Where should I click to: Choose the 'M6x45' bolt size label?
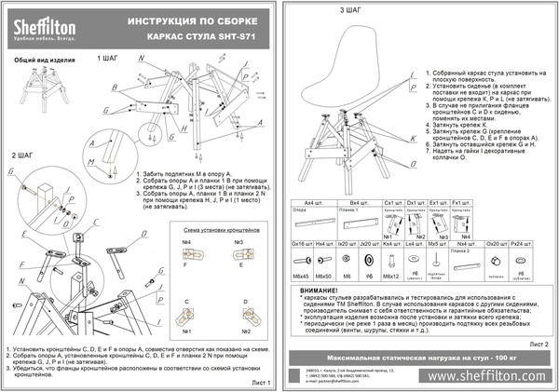coord(301,277)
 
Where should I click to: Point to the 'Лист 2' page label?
coord(538,344)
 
